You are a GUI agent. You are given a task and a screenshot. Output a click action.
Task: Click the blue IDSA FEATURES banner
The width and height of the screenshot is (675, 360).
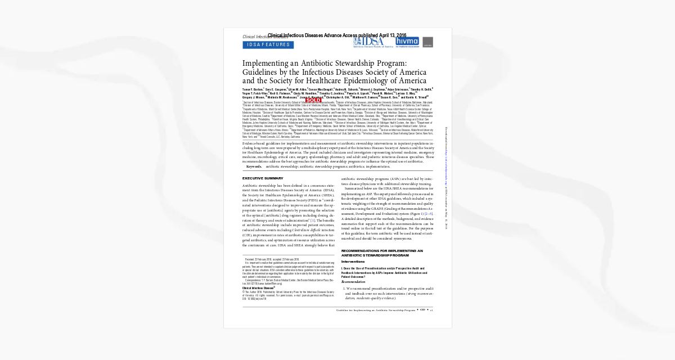point(268,45)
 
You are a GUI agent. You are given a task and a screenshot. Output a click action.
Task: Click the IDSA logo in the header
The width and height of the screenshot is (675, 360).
point(369,42)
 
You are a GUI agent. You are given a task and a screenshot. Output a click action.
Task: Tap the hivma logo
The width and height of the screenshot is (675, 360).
point(407,42)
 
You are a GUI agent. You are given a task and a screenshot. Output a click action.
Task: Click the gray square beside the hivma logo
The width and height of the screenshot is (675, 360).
point(427,42)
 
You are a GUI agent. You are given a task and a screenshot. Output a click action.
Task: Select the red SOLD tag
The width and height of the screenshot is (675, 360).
point(313,100)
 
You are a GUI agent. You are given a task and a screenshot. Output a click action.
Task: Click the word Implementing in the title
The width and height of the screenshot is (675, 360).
point(267,64)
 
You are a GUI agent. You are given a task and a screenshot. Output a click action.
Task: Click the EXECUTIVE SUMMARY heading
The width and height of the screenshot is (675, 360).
point(263,178)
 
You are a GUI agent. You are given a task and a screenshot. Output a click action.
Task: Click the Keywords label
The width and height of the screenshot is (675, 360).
point(254,166)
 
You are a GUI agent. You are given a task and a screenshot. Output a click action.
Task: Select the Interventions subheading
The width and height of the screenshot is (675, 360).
point(353,262)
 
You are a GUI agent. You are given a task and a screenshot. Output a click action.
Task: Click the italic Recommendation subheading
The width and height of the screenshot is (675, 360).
point(353,281)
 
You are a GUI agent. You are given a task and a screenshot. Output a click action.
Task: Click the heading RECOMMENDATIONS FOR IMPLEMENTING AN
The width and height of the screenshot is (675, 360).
point(382,250)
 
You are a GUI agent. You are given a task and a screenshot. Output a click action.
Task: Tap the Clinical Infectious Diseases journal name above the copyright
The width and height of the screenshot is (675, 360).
point(258,287)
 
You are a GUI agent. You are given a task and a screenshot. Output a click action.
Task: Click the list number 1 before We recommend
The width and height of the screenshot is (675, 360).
point(344,289)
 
